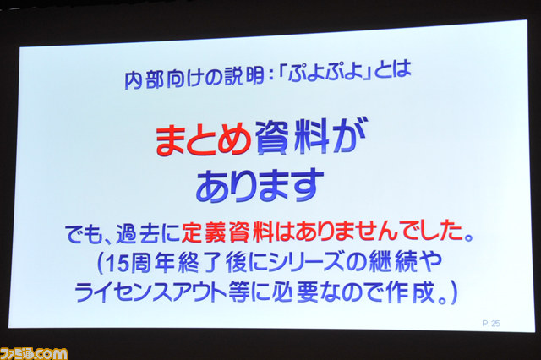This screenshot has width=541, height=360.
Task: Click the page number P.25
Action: coord(490,323)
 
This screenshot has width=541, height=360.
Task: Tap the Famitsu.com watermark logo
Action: coord(34,353)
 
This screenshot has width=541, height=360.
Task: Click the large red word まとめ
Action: coord(203,139)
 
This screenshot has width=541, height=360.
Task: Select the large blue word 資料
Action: coord(292,137)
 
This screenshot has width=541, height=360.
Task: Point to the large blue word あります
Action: coord(260,186)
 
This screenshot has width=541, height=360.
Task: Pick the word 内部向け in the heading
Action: coord(163,80)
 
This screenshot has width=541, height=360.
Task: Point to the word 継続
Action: coord(392,261)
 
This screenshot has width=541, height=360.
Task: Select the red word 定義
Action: coord(205,232)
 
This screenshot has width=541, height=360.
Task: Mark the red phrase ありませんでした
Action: coord(379,231)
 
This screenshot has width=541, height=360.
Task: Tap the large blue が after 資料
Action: coord(349,135)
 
